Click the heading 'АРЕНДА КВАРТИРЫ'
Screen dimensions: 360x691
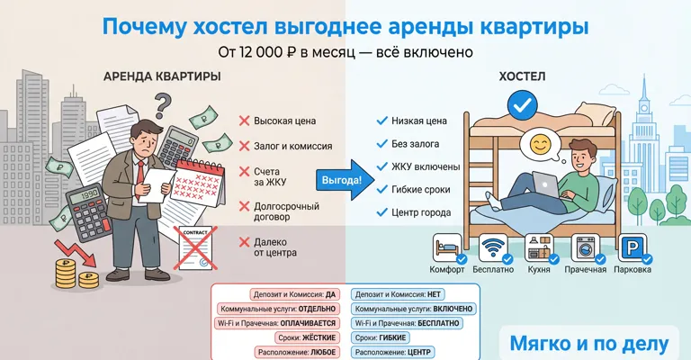pos(162,76)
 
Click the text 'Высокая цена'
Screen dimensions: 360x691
pos(284,121)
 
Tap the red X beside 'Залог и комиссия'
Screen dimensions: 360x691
pos(244,146)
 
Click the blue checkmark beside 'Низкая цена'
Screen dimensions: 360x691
pos(381,120)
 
